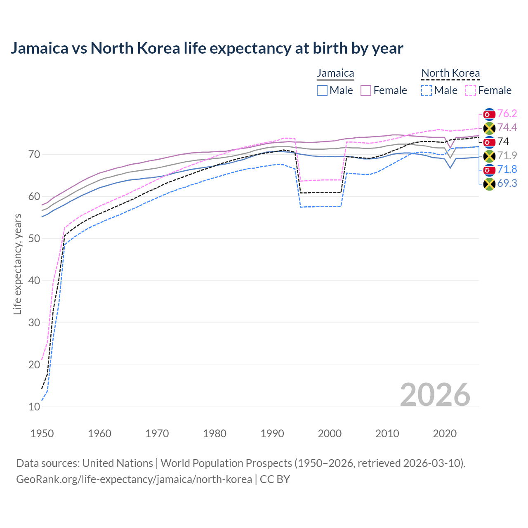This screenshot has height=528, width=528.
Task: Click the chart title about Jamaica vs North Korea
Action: tap(207, 48)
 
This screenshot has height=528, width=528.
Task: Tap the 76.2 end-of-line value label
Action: tap(507, 114)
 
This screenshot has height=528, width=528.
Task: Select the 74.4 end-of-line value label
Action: tap(507, 127)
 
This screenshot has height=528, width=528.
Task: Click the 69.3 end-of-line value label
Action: tap(507, 183)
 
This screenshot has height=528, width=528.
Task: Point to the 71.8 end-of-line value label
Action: tap(507, 169)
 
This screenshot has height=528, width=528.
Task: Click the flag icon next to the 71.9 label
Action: tap(489, 156)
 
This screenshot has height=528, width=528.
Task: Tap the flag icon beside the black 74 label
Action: tap(489, 142)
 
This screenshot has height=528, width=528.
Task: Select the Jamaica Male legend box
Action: tap(322, 90)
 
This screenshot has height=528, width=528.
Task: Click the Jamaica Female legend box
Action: tap(366, 90)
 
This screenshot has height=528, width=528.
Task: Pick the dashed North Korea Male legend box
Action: tap(427, 90)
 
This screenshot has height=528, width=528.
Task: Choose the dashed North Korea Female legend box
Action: tap(471, 90)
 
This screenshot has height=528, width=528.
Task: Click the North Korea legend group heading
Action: tap(450, 73)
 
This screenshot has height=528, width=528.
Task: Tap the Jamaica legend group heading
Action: tap(335, 73)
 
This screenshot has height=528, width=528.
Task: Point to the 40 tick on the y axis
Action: tap(34, 280)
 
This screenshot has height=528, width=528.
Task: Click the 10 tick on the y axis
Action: tap(34, 407)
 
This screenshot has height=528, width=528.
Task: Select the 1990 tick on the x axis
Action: tap(272, 434)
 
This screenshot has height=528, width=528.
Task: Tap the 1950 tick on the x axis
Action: tap(42, 434)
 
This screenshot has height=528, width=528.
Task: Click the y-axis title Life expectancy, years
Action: tap(18, 264)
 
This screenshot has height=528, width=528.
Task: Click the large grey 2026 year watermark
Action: tap(435, 395)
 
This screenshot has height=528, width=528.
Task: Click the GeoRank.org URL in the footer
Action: tap(134, 479)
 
